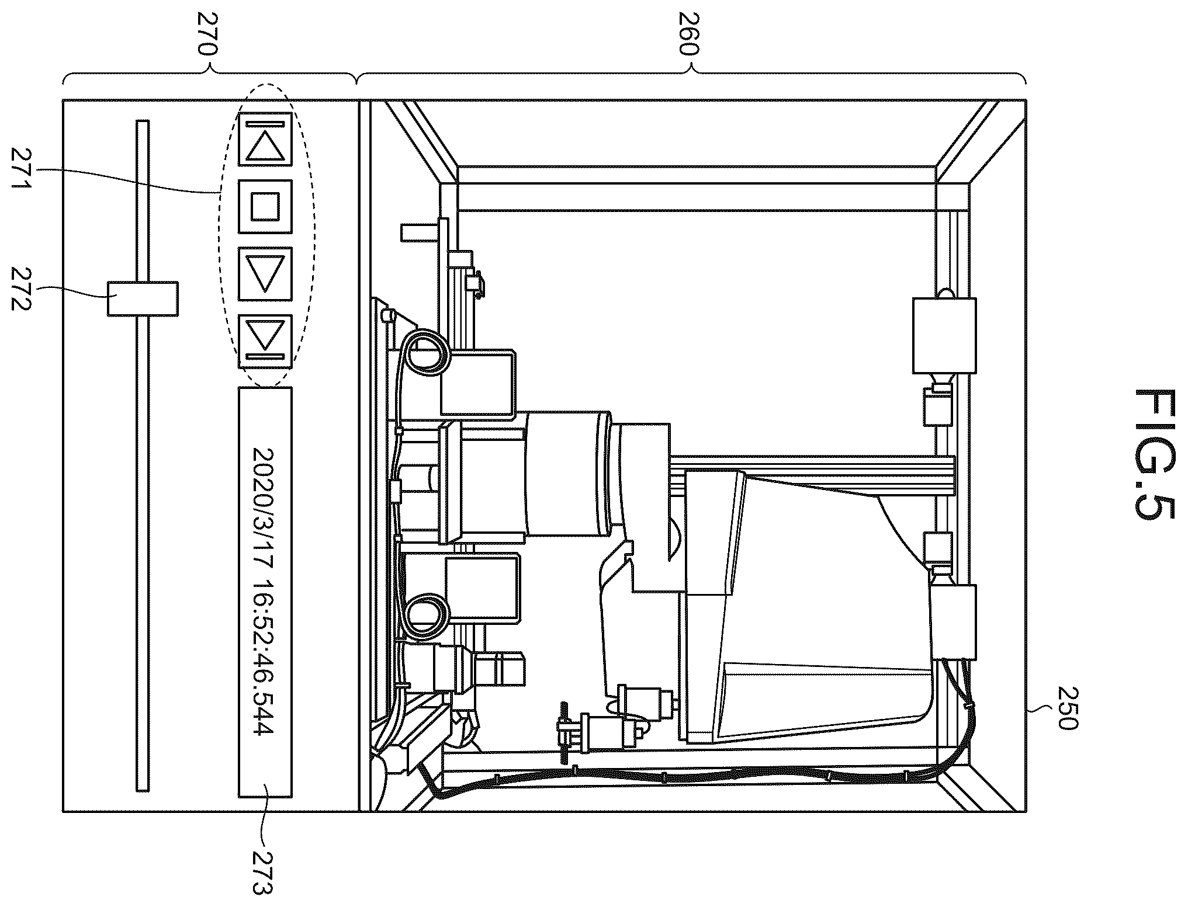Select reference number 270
208,41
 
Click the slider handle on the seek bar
143,298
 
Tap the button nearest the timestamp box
265,341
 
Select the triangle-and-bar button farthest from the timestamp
265,139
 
